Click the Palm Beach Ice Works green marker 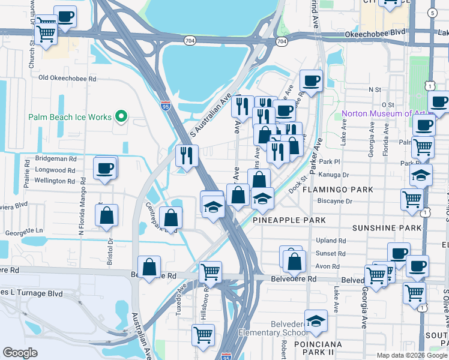(x=121, y=116)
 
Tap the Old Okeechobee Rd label (x=67, y=78)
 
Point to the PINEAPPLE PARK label (x=289, y=220)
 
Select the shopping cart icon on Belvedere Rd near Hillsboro (x=210, y=272)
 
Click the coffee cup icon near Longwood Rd (x=105, y=167)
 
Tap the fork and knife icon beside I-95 (x=187, y=155)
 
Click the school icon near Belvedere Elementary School (x=316, y=320)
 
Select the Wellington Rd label (x=55, y=181)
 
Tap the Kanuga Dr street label (x=336, y=176)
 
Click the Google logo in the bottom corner (x=20, y=353)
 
